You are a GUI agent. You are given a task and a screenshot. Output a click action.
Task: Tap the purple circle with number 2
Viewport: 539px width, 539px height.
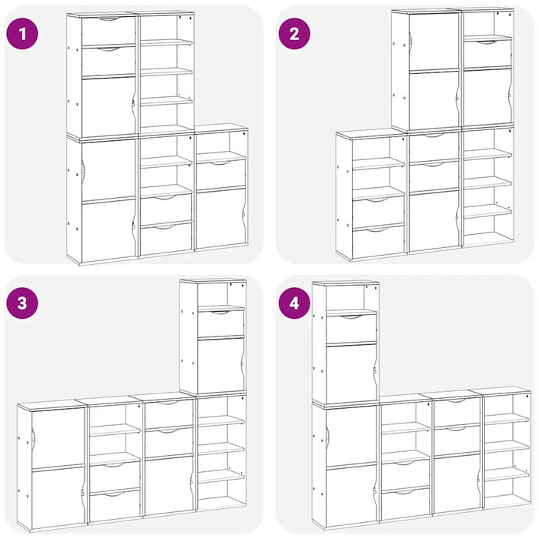[293, 34]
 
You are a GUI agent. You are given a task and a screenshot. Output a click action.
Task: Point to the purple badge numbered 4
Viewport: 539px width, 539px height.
[293, 303]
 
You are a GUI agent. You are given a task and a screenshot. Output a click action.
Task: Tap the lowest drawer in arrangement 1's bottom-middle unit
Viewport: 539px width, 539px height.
[166, 238]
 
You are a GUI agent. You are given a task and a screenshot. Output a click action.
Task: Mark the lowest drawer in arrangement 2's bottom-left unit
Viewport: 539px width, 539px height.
[378, 241]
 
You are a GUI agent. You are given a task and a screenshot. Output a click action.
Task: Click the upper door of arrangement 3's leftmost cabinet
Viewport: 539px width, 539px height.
[58, 437]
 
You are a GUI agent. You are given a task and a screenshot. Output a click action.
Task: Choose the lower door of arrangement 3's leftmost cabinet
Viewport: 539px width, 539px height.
[58, 497]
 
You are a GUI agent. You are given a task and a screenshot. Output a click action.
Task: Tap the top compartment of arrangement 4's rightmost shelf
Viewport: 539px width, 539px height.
[506, 407]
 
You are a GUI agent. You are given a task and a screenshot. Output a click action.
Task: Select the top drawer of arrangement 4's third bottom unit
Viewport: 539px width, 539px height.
[457, 411]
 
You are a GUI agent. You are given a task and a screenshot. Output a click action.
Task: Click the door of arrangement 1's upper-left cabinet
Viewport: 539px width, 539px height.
[108, 106]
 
